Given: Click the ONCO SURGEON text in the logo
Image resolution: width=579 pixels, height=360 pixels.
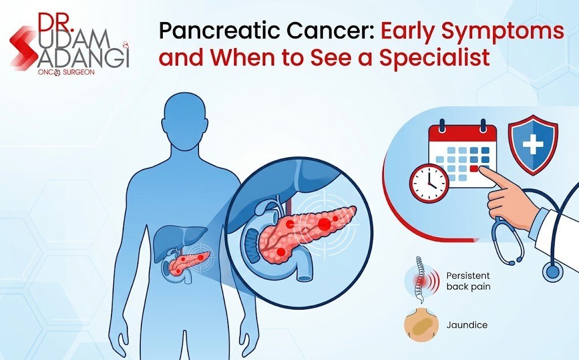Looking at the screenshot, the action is point(66,72).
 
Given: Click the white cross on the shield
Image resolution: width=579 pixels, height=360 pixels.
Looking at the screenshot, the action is point(533,143).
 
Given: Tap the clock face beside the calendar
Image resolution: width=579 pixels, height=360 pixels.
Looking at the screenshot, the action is point(429,183).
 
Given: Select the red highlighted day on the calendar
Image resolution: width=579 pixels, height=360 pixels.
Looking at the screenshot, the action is point(474,168).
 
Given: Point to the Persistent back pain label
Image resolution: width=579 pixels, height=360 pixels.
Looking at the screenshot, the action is point(468,281).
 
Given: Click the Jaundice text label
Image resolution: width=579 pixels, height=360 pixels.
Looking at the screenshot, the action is point(466,325).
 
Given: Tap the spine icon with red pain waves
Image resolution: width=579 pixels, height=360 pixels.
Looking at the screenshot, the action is point(421,279).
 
